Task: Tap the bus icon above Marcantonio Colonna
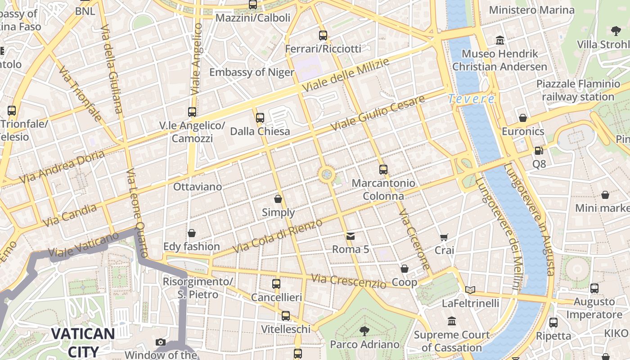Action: pyautogui.click(x=383, y=170)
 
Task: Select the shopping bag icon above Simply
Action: pyautogui.click(x=278, y=199)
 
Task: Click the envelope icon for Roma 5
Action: pyautogui.click(x=350, y=236)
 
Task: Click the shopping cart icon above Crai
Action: pyautogui.click(x=444, y=237)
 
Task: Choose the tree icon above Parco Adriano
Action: pyautogui.click(x=364, y=332)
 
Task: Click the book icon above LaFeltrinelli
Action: pyautogui.click(x=470, y=290)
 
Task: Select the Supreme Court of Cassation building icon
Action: pyautogui.click(x=452, y=321)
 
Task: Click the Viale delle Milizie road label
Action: pyautogui.click(x=345, y=75)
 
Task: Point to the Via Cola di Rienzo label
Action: pyautogui.click(x=278, y=236)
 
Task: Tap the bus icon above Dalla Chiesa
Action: pyautogui.click(x=260, y=118)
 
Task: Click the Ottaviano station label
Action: pyautogui.click(x=198, y=187)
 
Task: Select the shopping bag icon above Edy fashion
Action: pyautogui.click(x=192, y=233)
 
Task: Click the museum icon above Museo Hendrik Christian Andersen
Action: pyautogui.click(x=499, y=41)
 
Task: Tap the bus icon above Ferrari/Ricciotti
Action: pyautogui.click(x=323, y=36)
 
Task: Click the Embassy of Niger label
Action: pyautogui.click(x=252, y=72)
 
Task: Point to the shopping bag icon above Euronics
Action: pyautogui.click(x=522, y=118)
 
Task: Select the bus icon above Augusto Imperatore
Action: pyautogui.click(x=594, y=288)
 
